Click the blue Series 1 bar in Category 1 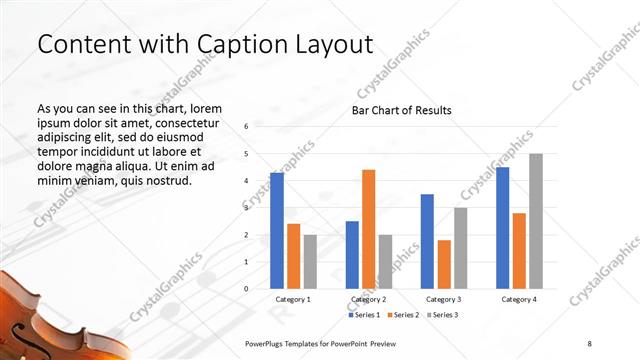(x=276, y=231)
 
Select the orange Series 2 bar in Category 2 (x=368, y=229)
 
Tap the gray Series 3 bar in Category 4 (x=535, y=221)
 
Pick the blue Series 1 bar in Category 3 (x=427, y=241)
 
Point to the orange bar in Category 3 (x=444, y=264)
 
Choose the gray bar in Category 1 (x=310, y=262)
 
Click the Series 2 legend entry (x=401, y=315)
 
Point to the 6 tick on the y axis (x=246, y=127)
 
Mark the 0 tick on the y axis (x=246, y=289)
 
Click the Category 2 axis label (x=369, y=299)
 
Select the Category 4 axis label (x=519, y=299)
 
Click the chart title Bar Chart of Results (x=400, y=110)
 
